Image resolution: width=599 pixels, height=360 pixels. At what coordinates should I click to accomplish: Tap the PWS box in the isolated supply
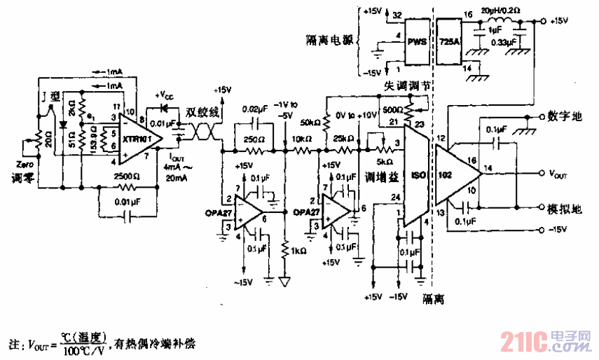(x=418, y=41)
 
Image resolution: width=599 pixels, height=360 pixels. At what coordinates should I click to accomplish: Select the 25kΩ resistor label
(x=343, y=137)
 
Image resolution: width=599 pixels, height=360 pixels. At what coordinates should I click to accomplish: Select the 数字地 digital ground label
(x=563, y=116)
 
